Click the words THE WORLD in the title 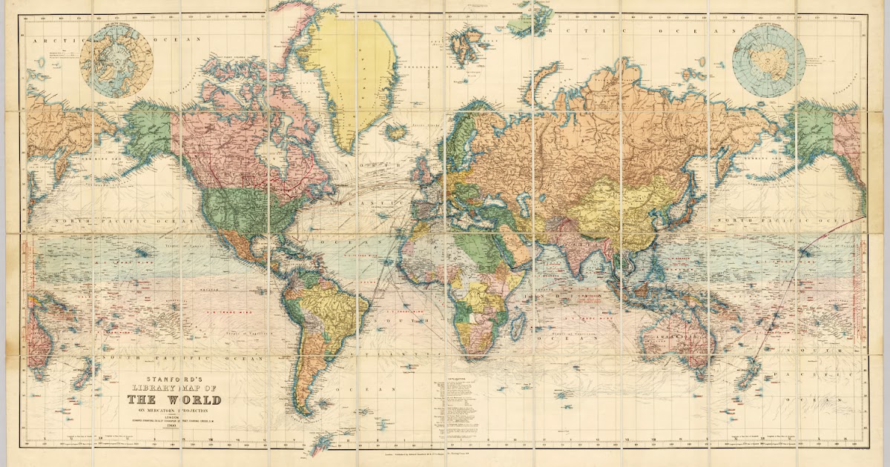(179, 400)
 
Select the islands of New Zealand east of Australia (745, 378)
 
